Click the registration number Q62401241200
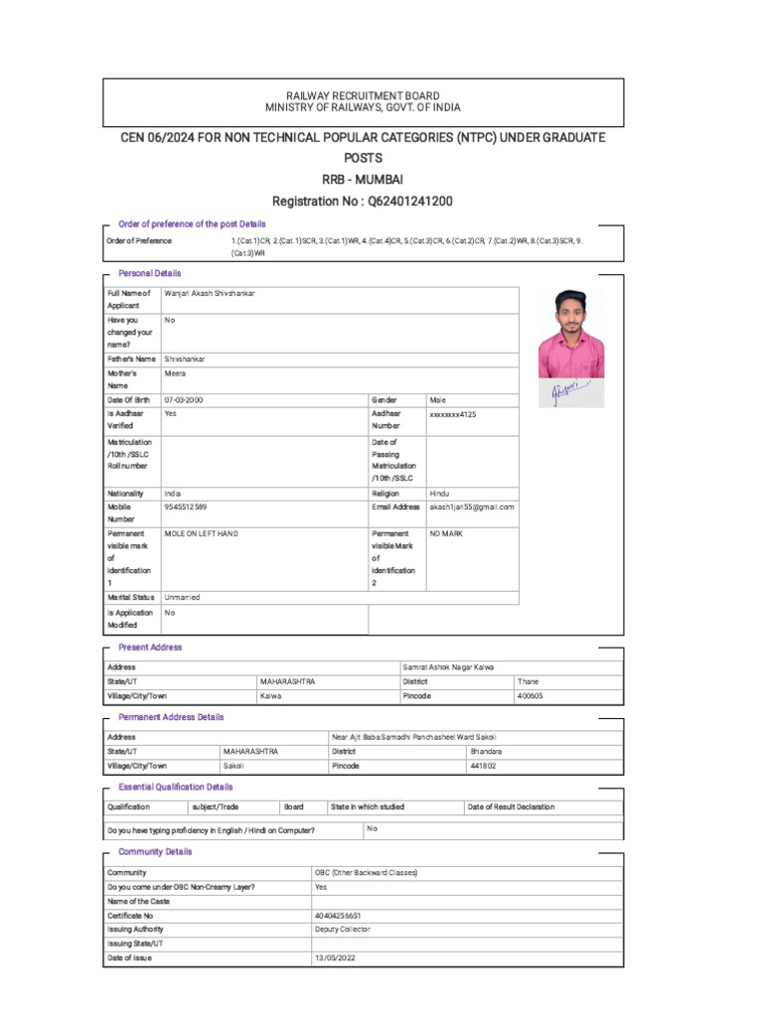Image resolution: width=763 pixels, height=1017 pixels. pyautogui.click(x=410, y=201)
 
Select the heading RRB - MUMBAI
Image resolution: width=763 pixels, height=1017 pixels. pyautogui.click(x=363, y=179)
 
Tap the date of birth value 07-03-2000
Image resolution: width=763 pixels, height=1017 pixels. pyautogui.click(x=185, y=399)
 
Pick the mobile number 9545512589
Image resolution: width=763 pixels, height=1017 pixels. pyautogui.click(x=186, y=507)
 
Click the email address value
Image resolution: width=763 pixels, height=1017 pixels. pyautogui.click(x=472, y=507)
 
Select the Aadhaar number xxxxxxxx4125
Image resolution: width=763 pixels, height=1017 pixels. pyautogui.click(x=453, y=413)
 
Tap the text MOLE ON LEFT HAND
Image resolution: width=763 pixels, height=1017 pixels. pyautogui.click(x=202, y=533)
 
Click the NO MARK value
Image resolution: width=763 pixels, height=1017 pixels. pyautogui.click(x=447, y=533)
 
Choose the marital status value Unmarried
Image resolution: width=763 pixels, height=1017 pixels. pyautogui.click(x=182, y=597)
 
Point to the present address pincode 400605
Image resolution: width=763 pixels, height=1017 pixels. pyautogui.click(x=531, y=696)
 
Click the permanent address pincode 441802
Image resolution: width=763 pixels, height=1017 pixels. pyautogui.click(x=483, y=766)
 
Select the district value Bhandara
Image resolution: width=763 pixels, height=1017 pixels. pyautogui.click(x=486, y=752)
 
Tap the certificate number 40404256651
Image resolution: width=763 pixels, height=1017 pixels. pyautogui.click(x=338, y=915)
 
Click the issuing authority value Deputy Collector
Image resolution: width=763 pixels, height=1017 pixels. pyautogui.click(x=343, y=929)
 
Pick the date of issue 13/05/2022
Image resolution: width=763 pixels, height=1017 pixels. pyautogui.click(x=334, y=957)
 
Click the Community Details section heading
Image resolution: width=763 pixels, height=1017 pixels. pyautogui.click(x=155, y=851)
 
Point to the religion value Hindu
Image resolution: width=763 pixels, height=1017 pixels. pyautogui.click(x=439, y=493)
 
